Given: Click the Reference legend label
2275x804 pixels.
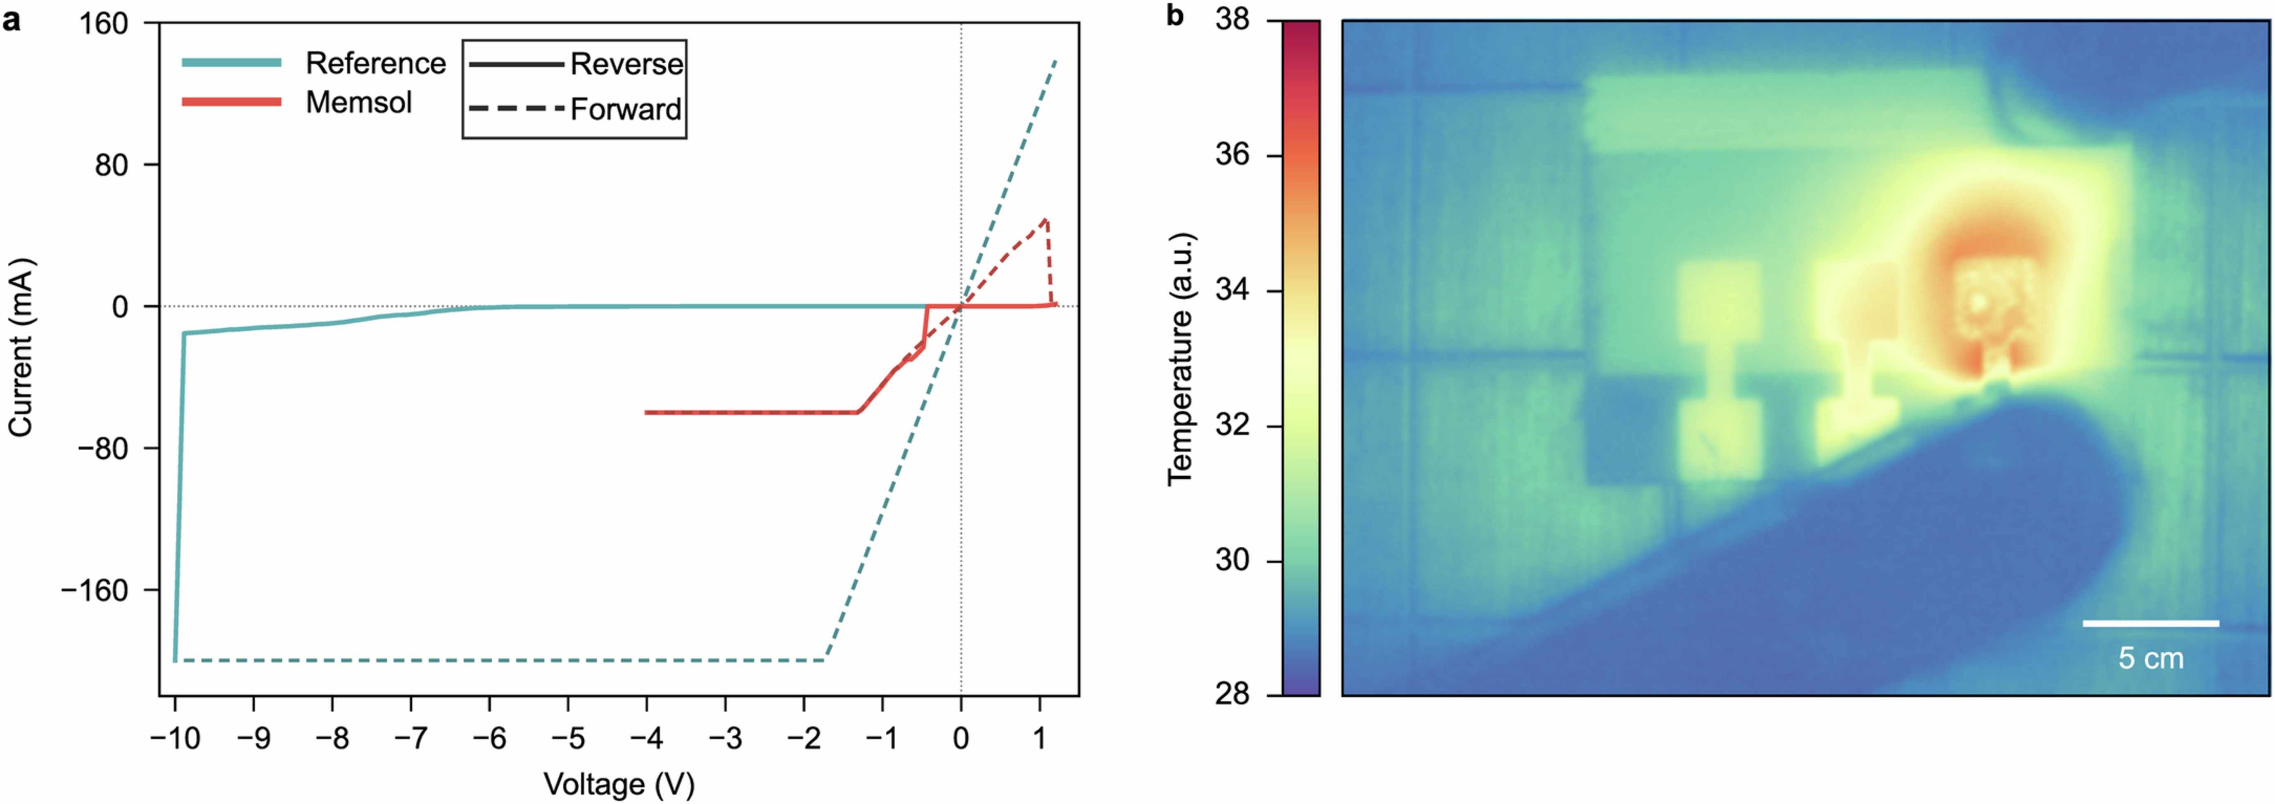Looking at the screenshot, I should tap(375, 64).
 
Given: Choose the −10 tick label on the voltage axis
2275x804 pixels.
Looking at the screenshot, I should tap(175, 738).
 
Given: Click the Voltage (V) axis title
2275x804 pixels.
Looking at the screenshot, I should tap(619, 784).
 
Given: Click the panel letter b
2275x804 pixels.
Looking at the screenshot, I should tap(1174, 16).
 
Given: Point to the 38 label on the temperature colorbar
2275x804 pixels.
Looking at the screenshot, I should tap(1232, 19).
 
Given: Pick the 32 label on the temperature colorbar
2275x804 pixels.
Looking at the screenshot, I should tap(1232, 426).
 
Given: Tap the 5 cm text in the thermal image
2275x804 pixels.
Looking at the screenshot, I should tap(2150, 658).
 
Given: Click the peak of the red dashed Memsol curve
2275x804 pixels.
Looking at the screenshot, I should tap(1046, 220).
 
